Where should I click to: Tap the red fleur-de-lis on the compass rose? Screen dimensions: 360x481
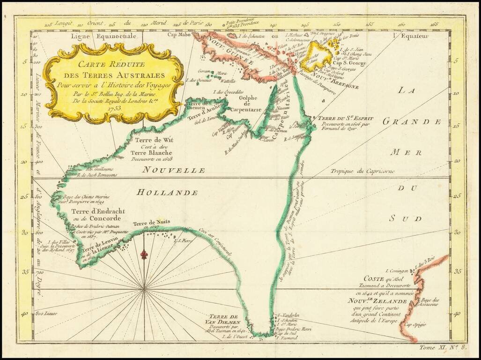(x=145, y=255)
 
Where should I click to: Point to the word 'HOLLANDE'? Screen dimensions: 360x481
(x=168, y=193)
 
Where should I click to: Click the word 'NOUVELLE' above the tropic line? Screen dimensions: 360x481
(x=174, y=170)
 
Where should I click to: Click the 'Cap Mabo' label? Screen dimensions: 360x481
(x=182, y=34)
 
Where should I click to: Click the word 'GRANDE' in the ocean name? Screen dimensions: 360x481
(x=412, y=121)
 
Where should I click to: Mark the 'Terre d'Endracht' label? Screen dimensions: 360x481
(x=96, y=211)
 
